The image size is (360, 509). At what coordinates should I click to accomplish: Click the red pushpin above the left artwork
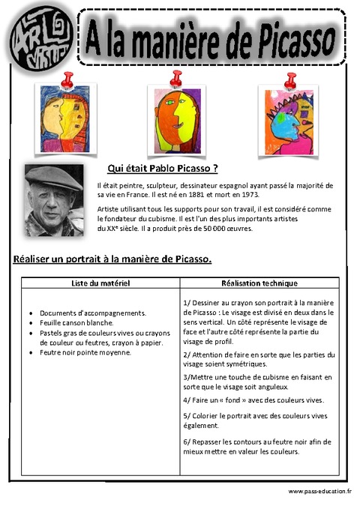pyautogui.click(x=69, y=78)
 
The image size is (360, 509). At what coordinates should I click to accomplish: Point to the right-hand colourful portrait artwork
pyautogui.click(x=286, y=113)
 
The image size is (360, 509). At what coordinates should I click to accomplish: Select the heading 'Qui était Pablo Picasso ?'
pyautogui.click(x=163, y=169)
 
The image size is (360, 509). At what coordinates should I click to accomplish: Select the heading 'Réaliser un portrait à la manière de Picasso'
pyautogui.click(x=112, y=259)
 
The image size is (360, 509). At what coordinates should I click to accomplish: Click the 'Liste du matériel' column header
pyautogui.click(x=100, y=283)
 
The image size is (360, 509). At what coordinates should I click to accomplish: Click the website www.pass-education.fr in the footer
pyautogui.click(x=319, y=491)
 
